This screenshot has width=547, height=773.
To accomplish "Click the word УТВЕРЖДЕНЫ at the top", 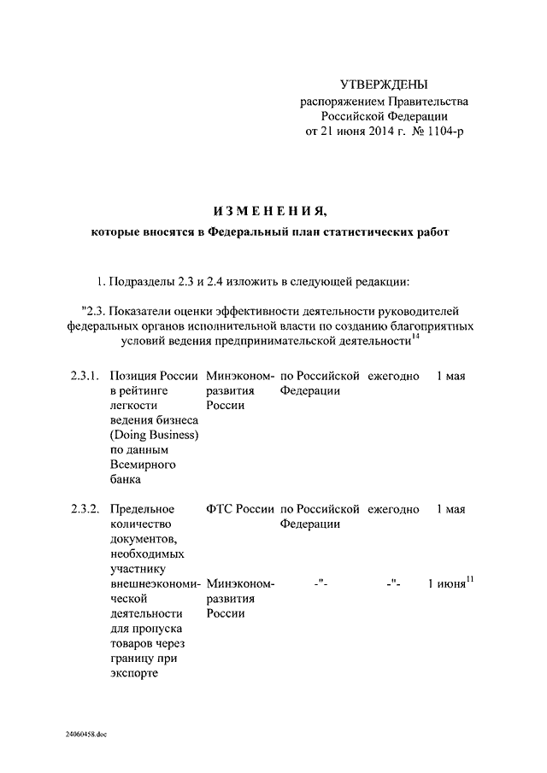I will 384,84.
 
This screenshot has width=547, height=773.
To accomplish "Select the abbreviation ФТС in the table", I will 220,509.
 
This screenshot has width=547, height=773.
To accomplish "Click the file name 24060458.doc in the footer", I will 85,735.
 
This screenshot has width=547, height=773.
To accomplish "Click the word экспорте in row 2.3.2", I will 135,672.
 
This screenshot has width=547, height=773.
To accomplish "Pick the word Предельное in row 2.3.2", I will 142,509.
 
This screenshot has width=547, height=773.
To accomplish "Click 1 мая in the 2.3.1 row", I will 450,376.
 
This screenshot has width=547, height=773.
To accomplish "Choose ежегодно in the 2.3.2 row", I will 393,509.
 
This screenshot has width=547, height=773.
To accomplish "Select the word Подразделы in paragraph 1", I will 142,281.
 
